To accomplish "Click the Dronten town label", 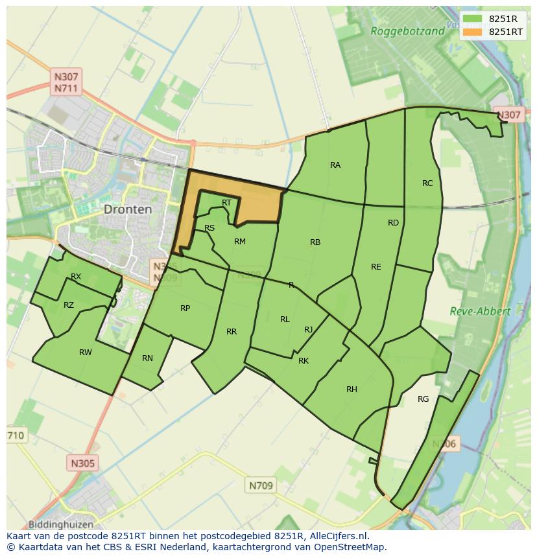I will [x=128, y=209].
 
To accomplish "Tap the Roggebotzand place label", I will [x=407, y=30].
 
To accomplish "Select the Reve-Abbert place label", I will [x=480, y=311].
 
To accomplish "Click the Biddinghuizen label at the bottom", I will [x=61, y=524].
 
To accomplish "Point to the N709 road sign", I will [x=261, y=485].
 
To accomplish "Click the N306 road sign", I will [x=445, y=444].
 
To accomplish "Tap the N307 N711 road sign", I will [x=67, y=82].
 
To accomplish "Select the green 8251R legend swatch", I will [x=473, y=19].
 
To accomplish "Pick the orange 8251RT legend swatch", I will [x=473, y=32].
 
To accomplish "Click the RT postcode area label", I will [x=226, y=203].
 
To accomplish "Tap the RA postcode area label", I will [x=335, y=165].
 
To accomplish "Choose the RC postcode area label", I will [x=427, y=183].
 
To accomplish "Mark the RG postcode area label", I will [x=424, y=399].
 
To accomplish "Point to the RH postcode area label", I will [x=352, y=389].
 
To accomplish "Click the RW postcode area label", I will [x=86, y=353].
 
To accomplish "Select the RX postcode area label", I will [x=76, y=277].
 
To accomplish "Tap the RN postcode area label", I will [x=147, y=358].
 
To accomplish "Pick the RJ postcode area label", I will [x=308, y=330].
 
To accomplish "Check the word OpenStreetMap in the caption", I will [x=351, y=547].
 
